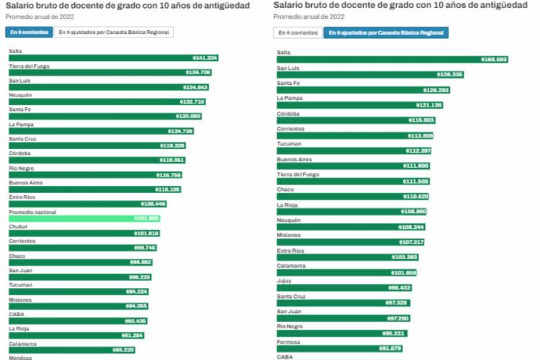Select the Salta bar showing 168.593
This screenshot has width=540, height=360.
[x=392, y=59]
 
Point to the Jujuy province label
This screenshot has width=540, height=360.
[x=284, y=281]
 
